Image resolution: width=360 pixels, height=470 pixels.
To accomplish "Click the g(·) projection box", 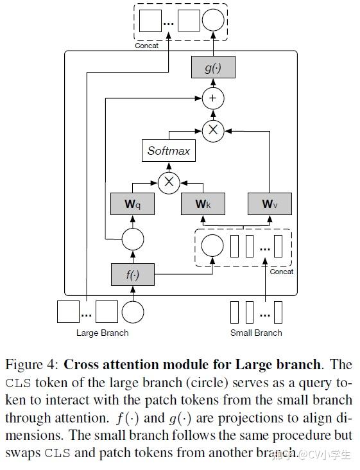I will tap(213, 67).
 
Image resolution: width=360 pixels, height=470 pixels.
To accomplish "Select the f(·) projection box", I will tap(133, 275).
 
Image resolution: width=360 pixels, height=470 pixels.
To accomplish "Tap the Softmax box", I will tap(169, 152).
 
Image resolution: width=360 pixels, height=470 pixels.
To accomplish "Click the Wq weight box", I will tap(133, 204).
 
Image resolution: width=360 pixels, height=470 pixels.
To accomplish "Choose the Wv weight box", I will tap(269, 204).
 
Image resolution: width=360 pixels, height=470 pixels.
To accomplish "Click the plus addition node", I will tap(213, 98).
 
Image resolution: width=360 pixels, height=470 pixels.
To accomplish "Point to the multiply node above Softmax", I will tap(213, 130).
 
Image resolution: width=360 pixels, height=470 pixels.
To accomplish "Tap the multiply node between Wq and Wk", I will tap(169, 182).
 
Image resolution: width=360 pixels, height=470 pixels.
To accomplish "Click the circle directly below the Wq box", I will tap(133, 241).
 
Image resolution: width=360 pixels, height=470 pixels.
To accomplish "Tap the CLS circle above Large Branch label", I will tap(133, 312).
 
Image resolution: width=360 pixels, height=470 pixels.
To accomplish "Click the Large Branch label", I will tap(102, 333).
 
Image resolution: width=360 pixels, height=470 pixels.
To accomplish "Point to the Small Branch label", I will tap(256, 333).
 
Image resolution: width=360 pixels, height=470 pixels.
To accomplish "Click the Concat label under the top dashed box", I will tap(147, 46).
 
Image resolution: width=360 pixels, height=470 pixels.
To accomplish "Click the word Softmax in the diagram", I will tap(169, 152).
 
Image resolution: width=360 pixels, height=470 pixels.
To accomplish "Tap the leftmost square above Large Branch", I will tap(68, 312).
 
